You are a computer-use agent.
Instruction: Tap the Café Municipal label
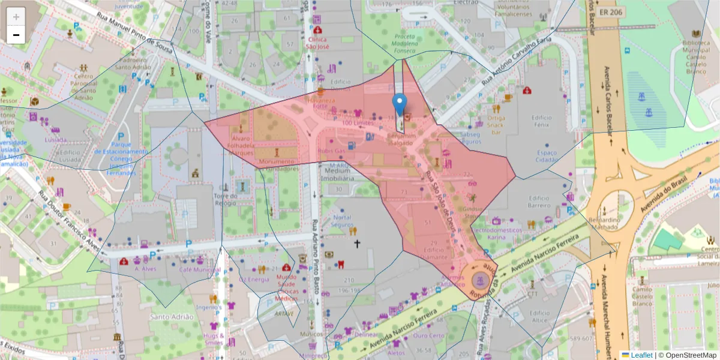pyautogui.click(x=200, y=270)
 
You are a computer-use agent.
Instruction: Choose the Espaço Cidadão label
pyautogui.click(x=547, y=156)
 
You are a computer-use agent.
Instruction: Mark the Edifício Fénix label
pyautogui.click(x=541, y=121)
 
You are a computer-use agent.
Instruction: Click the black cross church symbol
pyautogui.click(x=358, y=244)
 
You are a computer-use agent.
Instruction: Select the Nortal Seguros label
pyautogui.click(x=342, y=220)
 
